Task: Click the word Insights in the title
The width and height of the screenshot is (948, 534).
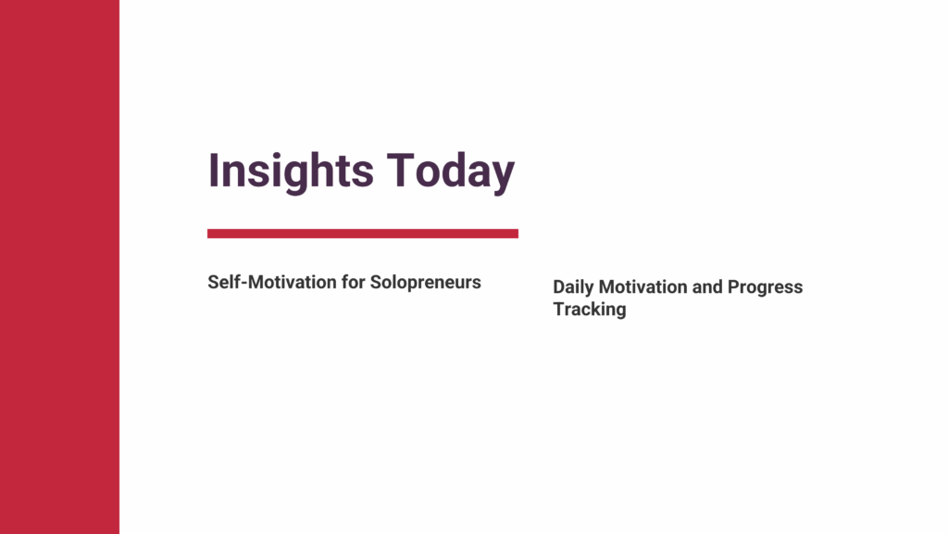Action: tap(291, 172)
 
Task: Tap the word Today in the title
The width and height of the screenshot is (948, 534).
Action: tap(451, 172)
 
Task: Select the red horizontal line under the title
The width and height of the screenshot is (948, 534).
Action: tap(363, 234)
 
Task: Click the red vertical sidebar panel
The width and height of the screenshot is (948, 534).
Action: tap(60, 267)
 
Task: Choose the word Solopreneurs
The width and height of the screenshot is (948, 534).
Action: tap(426, 283)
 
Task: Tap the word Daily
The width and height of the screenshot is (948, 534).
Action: tap(573, 287)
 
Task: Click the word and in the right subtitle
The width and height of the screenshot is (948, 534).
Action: tap(707, 287)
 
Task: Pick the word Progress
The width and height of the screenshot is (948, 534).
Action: tap(765, 288)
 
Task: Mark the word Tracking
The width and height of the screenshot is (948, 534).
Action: tap(590, 310)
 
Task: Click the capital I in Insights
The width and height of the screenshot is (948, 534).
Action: tap(213, 171)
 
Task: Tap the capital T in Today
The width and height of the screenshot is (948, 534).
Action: tap(400, 171)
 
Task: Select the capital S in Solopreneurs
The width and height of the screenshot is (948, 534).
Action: tap(376, 282)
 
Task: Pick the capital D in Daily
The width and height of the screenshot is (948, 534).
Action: tap(559, 287)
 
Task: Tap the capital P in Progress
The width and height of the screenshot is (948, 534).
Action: tap(733, 287)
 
